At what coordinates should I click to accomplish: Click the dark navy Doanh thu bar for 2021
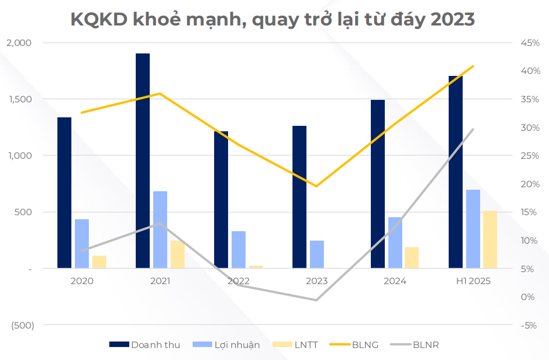tap(143, 160)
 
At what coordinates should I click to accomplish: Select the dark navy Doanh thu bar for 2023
tap(299, 197)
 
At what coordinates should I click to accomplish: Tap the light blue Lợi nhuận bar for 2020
tap(82, 244)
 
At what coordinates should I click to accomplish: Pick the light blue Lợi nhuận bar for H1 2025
tap(473, 229)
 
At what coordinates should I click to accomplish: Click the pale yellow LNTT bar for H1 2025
tap(490, 239)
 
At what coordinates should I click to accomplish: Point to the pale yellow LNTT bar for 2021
tap(178, 255)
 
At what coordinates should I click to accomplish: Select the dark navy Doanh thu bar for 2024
tap(378, 184)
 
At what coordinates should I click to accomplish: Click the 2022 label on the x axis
tap(238, 281)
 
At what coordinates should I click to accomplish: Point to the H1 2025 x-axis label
tap(473, 281)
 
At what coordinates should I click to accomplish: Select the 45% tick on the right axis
tap(530, 43)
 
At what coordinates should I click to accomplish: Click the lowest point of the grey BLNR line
tap(316, 300)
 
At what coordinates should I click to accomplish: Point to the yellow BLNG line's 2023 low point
tap(316, 186)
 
